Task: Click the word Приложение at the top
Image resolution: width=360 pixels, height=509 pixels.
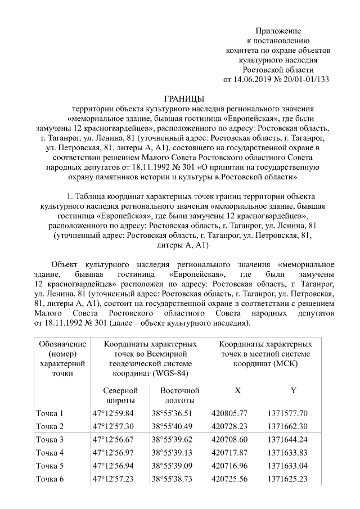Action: pos(278,30)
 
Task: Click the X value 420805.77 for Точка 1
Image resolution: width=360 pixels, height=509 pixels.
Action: pos(229,413)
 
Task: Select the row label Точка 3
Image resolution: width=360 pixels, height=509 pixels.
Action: pos(49,439)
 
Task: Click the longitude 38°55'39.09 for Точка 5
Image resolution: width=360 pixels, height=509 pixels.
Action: pos(172,466)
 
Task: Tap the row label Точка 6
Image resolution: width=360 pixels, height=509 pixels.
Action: pos(49,479)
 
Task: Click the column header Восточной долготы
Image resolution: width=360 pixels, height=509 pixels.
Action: pos(179,395)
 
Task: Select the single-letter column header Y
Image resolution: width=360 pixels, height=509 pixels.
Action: pos(294,390)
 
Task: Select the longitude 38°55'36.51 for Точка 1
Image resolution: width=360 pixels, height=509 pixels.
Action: pos(172,413)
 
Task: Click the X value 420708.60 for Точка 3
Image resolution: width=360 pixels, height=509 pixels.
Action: pos(229,439)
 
